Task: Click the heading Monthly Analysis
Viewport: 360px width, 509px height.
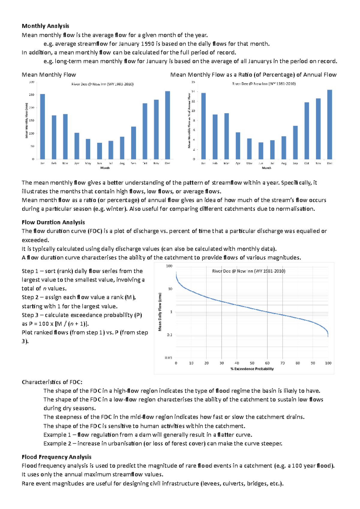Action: click(x=45, y=26)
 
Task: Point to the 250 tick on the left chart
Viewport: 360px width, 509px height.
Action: click(x=31, y=95)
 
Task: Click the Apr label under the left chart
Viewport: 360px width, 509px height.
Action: click(x=77, y=163)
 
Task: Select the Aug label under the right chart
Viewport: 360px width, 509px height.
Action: click(x=284, y=163)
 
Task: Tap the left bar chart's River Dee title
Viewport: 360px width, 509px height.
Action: click(x=102, y=84)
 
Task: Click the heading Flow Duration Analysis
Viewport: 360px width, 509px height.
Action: click(x=53, y=222)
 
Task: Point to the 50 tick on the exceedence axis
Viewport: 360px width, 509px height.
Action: click(x=252, y=363)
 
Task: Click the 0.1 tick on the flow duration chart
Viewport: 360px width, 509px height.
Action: click(x=170, y=335)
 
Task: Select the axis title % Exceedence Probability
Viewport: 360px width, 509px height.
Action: click(x=252, y=369)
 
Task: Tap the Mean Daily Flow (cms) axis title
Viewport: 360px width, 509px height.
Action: click(x=160, y=312)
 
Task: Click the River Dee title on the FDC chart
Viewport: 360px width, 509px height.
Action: click(x=249, y=271)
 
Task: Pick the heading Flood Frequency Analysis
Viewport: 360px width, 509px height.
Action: click(x=56, y=457)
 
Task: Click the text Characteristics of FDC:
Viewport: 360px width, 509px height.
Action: click(x=52, y=382)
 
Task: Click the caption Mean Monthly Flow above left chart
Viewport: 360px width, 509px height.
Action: click(x=49, y=75)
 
